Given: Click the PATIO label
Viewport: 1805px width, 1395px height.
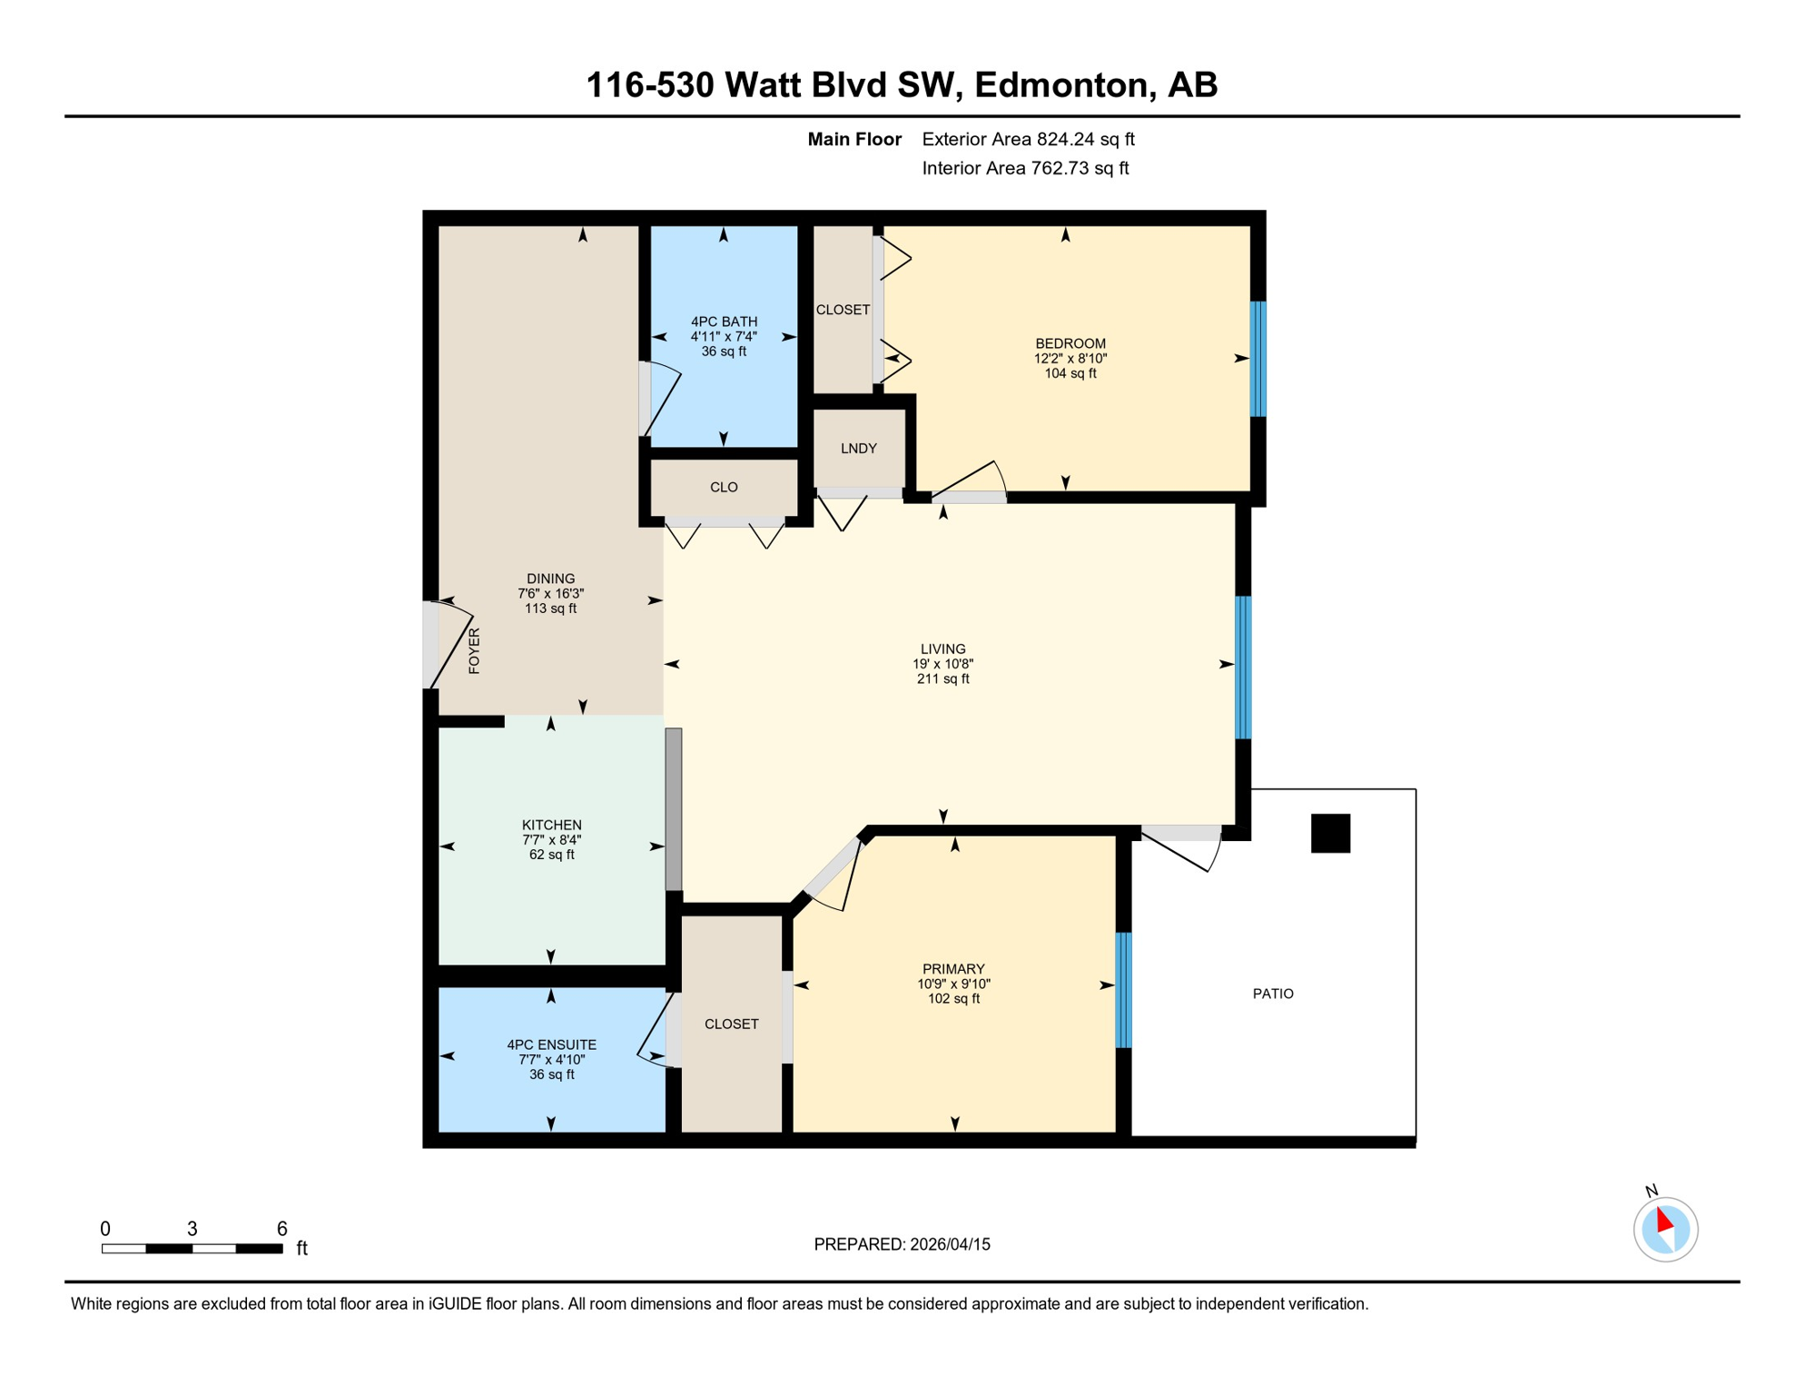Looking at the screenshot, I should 1273,994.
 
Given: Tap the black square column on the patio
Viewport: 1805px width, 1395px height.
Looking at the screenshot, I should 1330,833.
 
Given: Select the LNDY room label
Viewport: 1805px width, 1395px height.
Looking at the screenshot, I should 858,449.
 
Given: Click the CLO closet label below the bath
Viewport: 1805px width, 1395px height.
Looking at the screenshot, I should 724,488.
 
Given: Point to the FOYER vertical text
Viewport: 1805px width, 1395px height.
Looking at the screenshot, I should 474,650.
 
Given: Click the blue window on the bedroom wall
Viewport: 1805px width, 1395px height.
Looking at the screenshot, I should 1258,359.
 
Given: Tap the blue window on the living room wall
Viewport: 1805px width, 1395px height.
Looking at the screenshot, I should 1243,668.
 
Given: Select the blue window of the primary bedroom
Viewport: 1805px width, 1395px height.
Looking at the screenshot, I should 1123,990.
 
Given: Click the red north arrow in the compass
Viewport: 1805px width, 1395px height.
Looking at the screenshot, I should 1663,1220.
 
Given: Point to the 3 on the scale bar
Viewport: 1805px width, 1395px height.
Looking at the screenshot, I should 192,1229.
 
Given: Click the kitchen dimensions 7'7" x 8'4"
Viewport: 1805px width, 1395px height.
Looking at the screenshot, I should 551,840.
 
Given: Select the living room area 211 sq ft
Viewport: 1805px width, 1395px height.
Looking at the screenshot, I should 942,678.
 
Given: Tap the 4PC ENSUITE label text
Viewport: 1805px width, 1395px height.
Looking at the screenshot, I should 551,1044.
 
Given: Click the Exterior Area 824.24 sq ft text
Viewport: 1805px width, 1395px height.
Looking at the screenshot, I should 1028,139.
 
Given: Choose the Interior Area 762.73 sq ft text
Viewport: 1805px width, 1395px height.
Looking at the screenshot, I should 1025,168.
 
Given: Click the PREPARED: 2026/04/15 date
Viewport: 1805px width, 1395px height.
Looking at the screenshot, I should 902,1244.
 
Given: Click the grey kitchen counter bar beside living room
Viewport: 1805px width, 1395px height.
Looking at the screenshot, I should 674,808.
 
